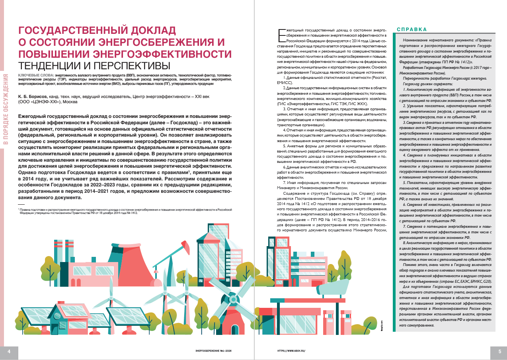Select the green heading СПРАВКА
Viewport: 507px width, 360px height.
(x=411, y=29)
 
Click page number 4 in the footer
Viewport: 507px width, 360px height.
(x=8, y=351)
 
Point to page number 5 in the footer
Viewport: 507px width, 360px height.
(x=499, y=351)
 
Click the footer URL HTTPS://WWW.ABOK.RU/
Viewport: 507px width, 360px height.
(x=292, y=351)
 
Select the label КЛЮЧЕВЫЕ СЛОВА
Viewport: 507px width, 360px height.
(x=36, y=75)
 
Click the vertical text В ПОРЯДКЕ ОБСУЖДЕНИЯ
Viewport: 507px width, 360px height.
(x=6, y=108)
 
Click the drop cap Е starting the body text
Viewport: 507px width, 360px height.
(x=281, y=35)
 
